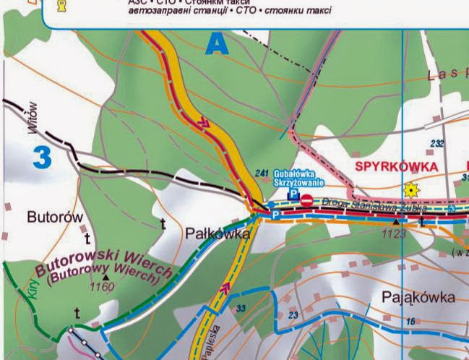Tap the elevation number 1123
(x=394, y=233)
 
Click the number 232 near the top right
(x=436, y=144)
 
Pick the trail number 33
(x=241, y=309)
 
